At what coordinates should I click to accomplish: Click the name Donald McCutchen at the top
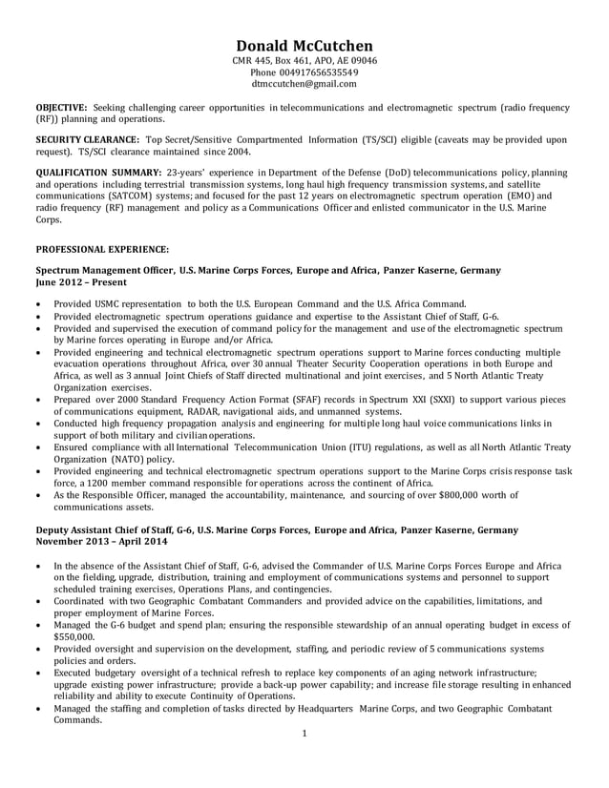(304, 46)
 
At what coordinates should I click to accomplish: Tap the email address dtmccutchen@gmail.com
(304, 84)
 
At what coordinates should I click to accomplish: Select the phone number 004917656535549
(304, 73)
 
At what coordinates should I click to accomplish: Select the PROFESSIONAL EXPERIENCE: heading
(102, 249)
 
